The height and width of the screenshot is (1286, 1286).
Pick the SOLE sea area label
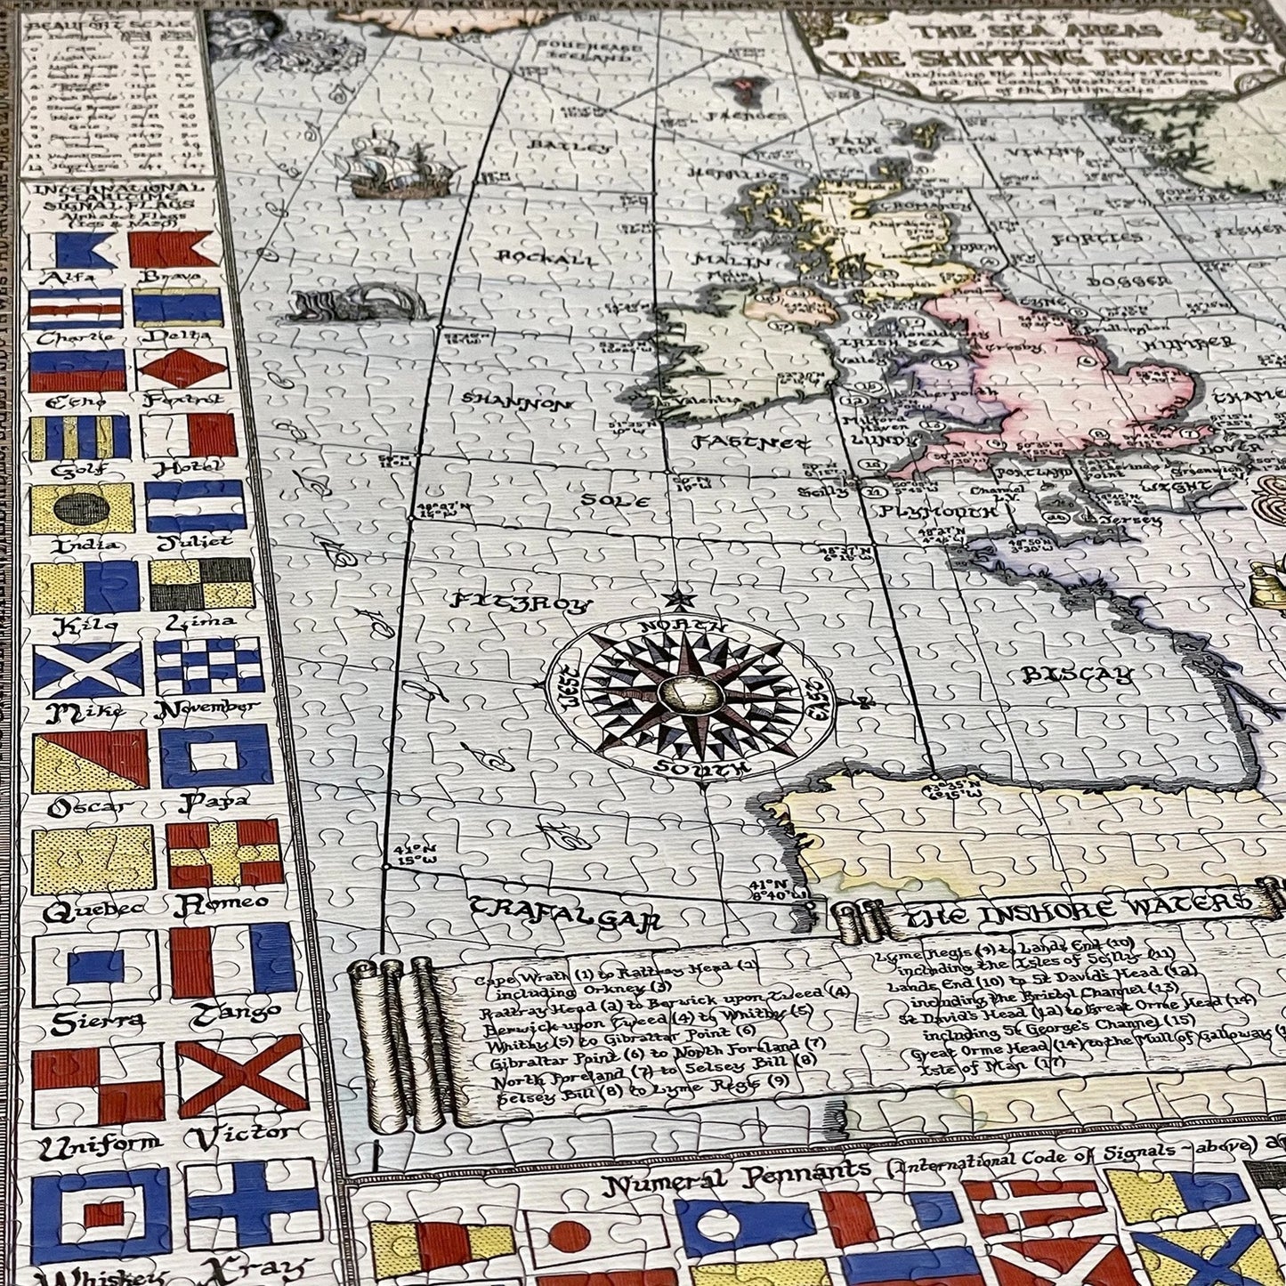pos(614,500)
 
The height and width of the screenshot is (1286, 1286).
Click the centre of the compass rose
pos(691,691)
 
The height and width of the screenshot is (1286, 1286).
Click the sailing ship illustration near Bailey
pos(392,166)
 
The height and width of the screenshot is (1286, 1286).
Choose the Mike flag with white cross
pos(87,670)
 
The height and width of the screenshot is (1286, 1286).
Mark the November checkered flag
pos(208,665)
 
